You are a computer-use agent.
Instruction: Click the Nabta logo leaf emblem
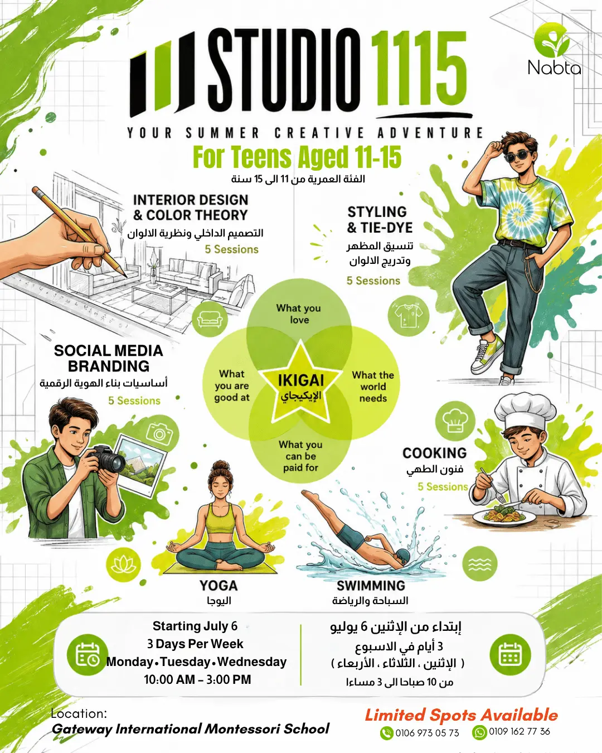[x=553, y=41]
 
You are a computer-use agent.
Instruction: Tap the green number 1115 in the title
[x=419, y=69]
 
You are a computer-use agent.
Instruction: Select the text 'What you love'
[x=299, y=314]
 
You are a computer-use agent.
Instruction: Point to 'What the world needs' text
[x=373, y=387]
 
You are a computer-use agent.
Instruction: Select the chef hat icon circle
[x=455, y=421]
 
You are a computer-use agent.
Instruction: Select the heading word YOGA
[x=219, y=586]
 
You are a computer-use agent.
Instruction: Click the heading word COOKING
[x=434, y=453]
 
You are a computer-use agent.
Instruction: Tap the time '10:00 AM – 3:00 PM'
[x=198, y=679]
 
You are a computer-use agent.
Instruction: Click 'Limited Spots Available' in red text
[x=461, y=715]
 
